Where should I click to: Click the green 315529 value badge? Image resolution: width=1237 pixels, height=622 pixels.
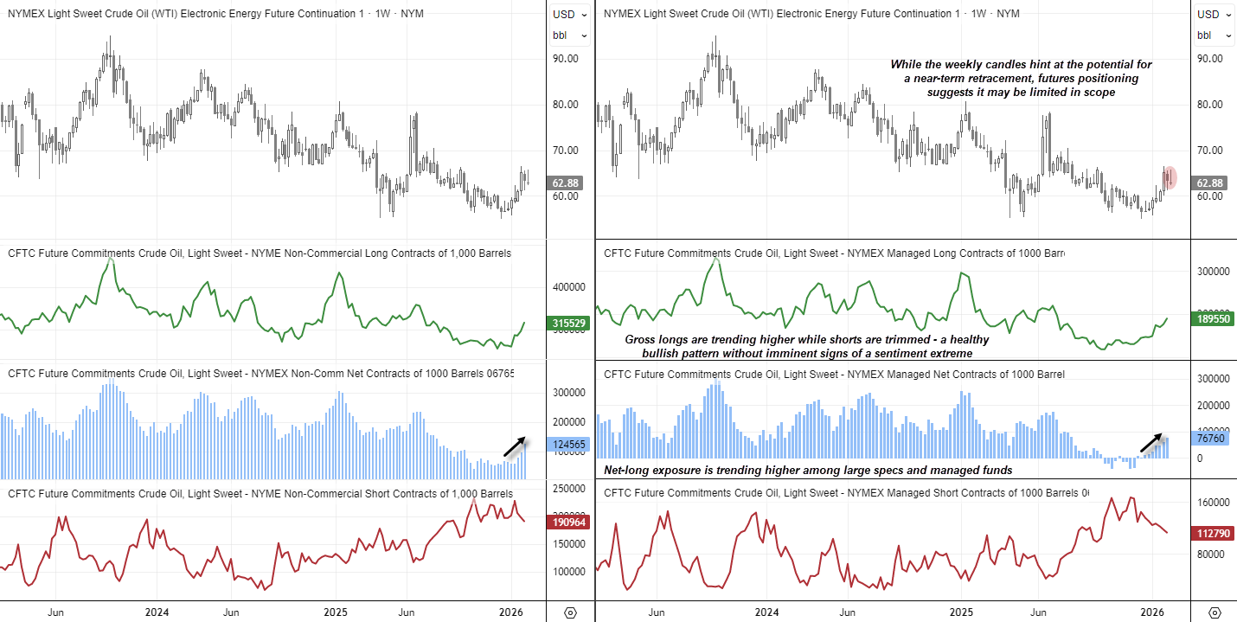[568, 323]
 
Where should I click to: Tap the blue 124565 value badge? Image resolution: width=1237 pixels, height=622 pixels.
[568, 444]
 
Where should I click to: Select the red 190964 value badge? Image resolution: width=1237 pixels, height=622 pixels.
[568, 523]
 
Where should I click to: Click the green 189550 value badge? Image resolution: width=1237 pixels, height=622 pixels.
[1213, 318]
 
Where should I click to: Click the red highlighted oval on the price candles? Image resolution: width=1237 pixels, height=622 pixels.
[1170, 177]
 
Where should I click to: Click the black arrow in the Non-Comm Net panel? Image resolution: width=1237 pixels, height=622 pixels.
[516, 446]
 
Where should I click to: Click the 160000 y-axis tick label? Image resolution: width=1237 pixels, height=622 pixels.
[1214, 502]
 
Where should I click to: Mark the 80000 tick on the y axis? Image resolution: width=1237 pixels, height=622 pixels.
[1214, 555]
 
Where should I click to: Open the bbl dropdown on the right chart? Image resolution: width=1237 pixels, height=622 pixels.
[1214, 35]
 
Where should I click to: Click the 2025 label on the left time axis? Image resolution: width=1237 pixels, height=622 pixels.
[336, 612]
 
